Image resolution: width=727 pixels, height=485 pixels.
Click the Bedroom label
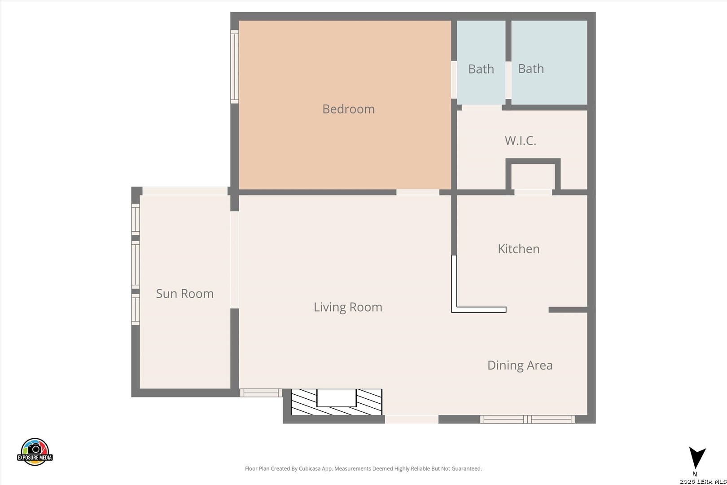pyautogui.click(x=348, y=109)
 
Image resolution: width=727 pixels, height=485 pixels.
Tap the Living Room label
pyautogui.click(x=348, y=307)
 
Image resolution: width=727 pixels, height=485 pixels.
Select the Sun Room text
pyautogui.click(x=185, y=294)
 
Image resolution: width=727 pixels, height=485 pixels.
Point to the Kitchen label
pyautogui.click(x=519, y=249)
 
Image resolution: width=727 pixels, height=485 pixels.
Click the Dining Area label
pyautogui.click(x=520, y=366)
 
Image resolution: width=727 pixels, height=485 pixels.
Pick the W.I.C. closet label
pyautogui.click(x=520, y=141)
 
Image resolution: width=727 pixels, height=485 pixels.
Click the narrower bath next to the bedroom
pyautogui.click(x=481, y=62)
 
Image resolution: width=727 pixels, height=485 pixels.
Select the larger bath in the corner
pyautogui.click(x=549, y=62)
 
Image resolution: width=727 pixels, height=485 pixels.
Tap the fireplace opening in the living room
pyautogui.click(x=336, y=397)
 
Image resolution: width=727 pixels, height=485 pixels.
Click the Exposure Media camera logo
pyautogui.click(x=35, y=451)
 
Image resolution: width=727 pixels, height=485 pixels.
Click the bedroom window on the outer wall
pyautogui.click(x=234, y=66)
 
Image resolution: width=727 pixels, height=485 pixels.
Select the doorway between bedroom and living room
pyautogui.click(x=418, y=192)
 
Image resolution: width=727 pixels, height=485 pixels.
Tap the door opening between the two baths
pyautogui.click(x=508, y=80)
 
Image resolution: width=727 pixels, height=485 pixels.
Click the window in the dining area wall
pyautogui.click(x=527, y=419)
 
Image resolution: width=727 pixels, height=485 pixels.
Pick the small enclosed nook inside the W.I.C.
pyautogui.click(x=533, y=176)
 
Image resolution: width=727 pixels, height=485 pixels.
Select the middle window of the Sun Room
pyautogui.click(x=136, y=265)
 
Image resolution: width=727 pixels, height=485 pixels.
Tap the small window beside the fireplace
pyautogui.click(x=261, y=393)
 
